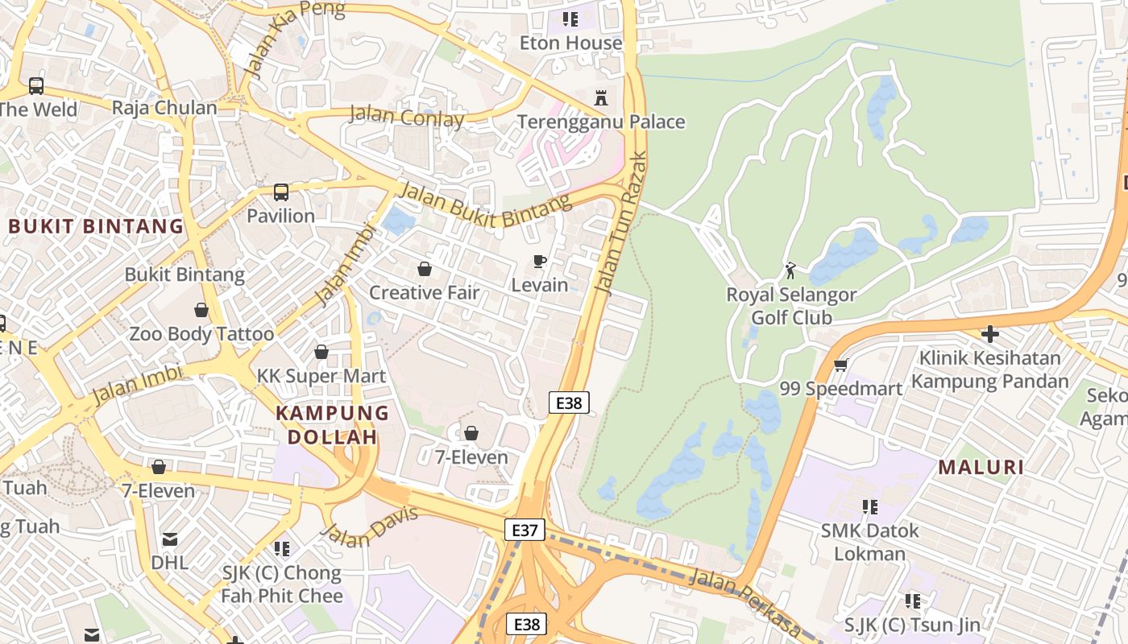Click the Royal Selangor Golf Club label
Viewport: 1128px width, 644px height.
click(791, 306)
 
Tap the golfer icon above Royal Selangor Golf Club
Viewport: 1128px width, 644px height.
click(790, 270)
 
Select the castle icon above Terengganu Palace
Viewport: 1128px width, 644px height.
click(600, 98)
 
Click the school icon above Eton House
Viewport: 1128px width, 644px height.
click(570, 19)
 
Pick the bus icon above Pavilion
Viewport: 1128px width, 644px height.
click(280, 192)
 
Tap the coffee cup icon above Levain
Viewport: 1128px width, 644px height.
click(539, 262)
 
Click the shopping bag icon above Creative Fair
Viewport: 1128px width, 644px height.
click(424, 269)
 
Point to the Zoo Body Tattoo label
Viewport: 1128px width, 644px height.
click(201, 333)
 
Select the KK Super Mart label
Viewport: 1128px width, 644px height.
click(321, 376)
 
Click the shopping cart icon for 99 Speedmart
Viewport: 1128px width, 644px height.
click(840, 365)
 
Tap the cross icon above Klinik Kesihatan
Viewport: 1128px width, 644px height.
click(990, 333)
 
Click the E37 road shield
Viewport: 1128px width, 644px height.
click(525, 530)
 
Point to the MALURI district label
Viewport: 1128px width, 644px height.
click(981, 468)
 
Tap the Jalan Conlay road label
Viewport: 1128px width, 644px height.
click(406, 118)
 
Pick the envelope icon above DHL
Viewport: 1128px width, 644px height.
click(170, 539)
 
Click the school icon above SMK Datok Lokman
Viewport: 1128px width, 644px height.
click(869, 507)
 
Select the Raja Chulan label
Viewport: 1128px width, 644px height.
click(164, 108)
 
